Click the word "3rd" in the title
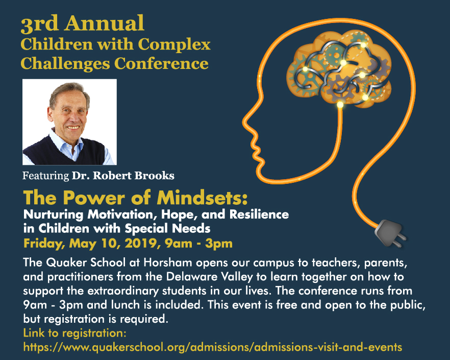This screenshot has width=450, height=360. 40,23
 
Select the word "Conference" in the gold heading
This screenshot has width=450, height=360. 161,63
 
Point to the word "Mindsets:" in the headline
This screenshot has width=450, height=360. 202,198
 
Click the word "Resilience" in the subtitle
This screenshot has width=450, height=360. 259,214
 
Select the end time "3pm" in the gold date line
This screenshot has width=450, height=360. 219,244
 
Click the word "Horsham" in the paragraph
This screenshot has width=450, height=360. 168,262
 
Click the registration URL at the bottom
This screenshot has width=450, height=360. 213,347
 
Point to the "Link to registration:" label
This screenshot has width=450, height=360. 75,333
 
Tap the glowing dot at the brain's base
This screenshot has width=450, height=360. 340,105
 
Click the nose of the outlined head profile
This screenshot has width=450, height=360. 244,121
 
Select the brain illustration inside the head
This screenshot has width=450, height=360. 339,68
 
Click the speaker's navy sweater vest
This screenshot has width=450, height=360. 65,153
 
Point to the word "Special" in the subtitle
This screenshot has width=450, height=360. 146,229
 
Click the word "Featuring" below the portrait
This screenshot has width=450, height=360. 45,176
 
